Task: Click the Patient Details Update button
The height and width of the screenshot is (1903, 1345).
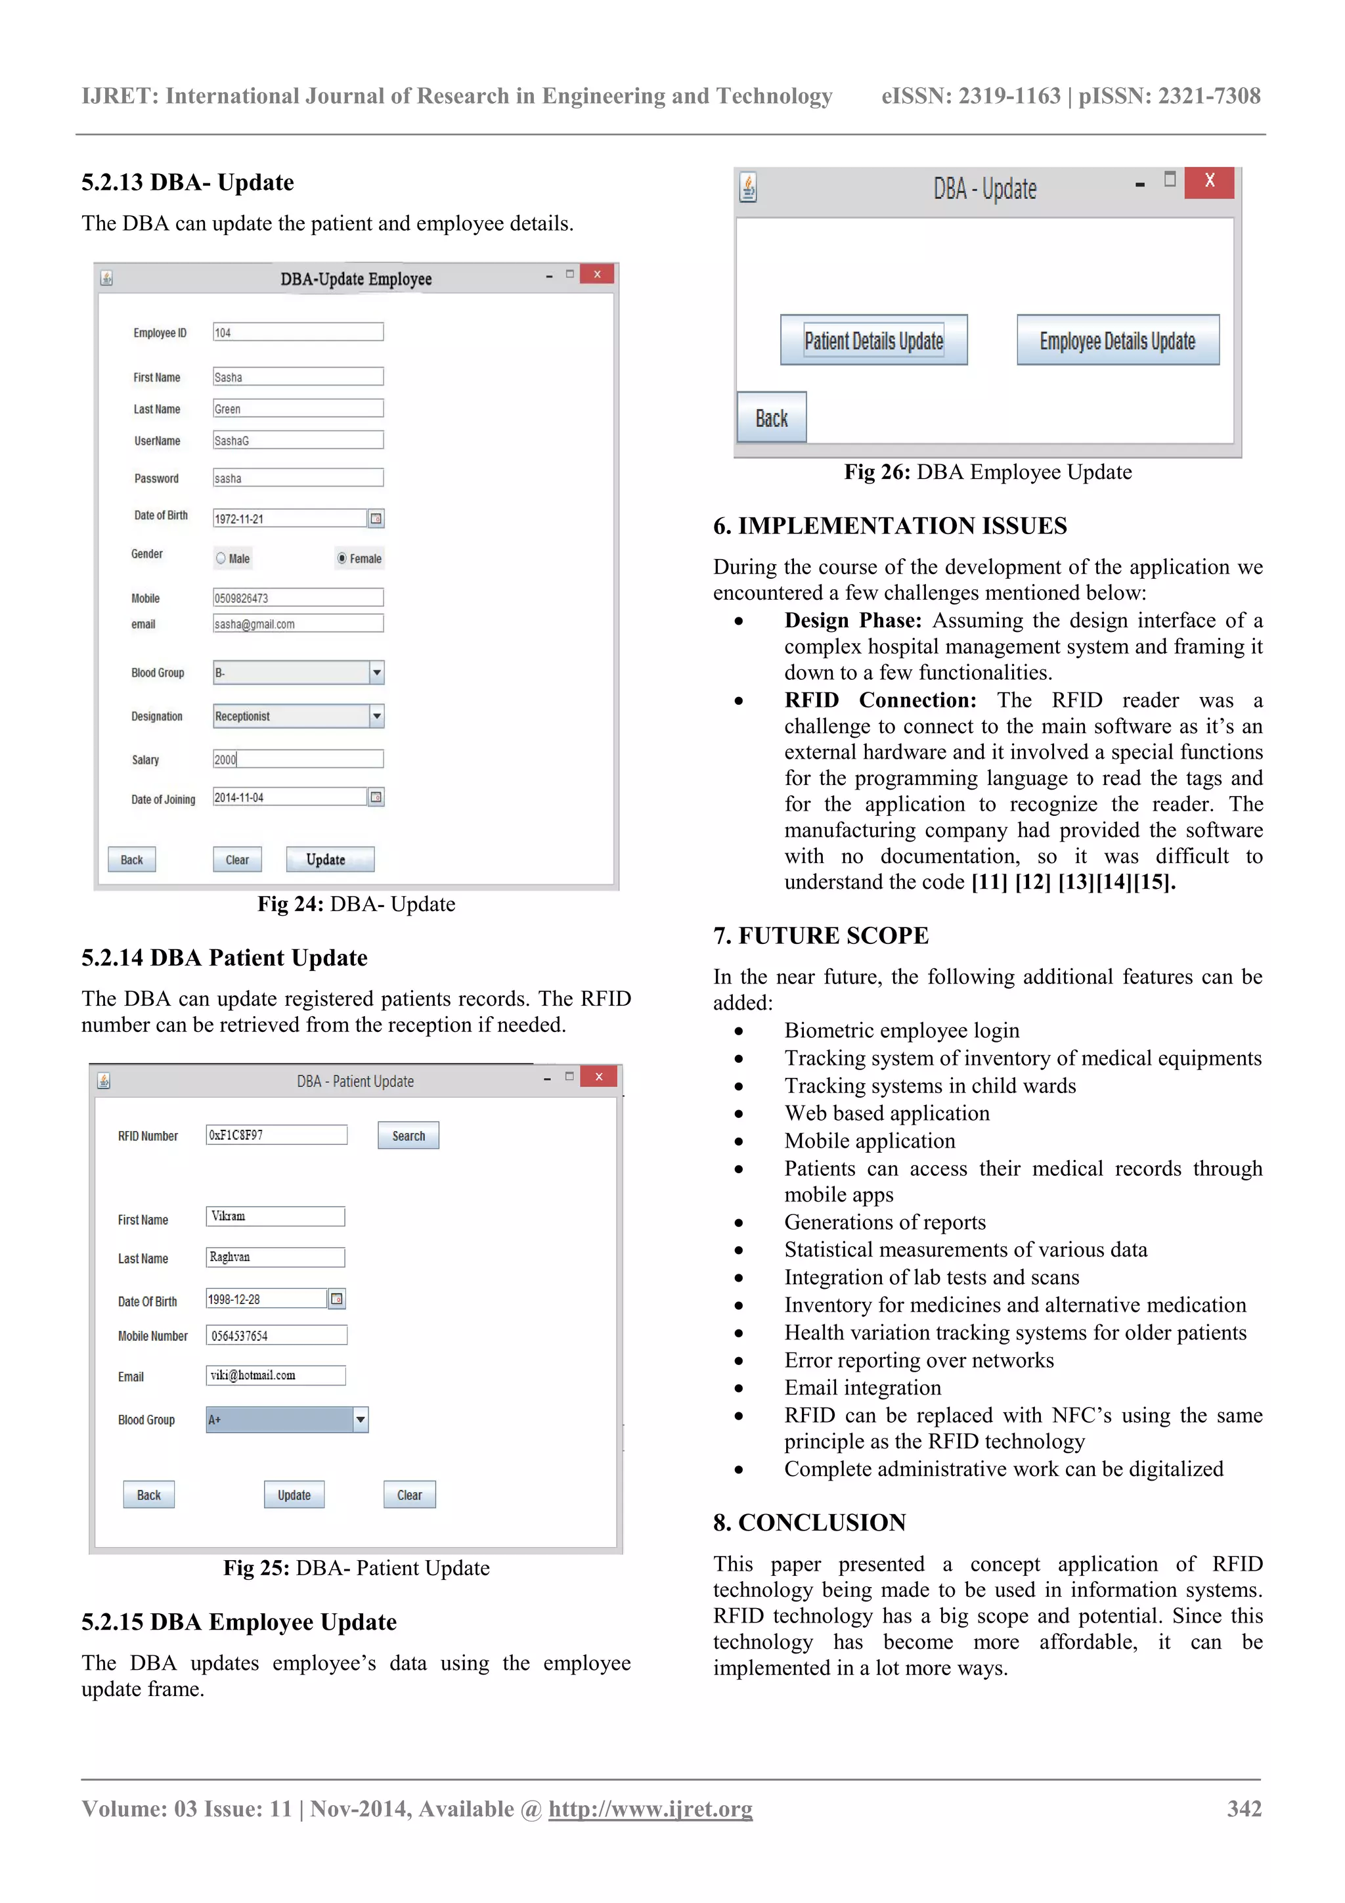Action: (873, 340)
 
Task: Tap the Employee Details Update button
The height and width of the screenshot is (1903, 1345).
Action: (1117, 340)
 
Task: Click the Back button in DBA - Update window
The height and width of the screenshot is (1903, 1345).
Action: (772, 418)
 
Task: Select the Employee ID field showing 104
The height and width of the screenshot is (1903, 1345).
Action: (298, 332)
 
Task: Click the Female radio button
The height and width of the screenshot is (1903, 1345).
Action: (342, 558)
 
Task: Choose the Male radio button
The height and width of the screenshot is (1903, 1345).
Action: (221, 558)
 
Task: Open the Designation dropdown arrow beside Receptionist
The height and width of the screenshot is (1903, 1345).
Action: (376, 716)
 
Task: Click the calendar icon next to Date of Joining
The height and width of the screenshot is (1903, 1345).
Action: (376, 797)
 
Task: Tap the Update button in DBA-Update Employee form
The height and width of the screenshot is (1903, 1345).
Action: (329, 859)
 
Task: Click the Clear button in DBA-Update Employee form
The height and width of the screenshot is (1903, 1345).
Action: (237, 859)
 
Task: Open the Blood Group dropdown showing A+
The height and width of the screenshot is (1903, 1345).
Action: (360, 1420)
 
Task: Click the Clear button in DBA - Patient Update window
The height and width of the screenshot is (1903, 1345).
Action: (409, 1495)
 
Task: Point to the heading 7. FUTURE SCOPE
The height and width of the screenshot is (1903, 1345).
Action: (820, 936)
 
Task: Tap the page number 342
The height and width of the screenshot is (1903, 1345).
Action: (1243, 1808)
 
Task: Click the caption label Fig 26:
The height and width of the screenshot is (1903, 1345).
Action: (877, 472)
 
